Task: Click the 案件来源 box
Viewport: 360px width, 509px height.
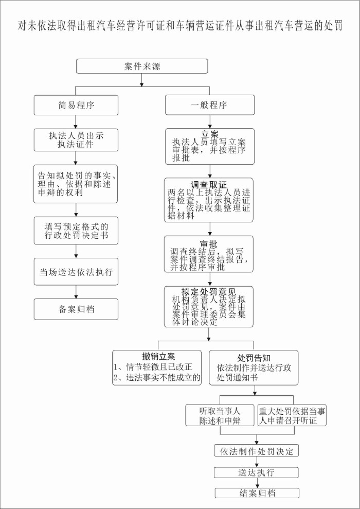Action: [x=142, y=66]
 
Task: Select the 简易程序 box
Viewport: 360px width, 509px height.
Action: [x=76, y=106]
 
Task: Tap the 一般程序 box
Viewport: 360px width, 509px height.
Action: [x=209, y=106]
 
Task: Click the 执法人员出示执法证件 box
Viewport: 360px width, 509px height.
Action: [x=76, y=140]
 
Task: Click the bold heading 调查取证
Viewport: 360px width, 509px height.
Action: [x=209, y=185]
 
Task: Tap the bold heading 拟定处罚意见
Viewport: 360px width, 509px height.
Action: [x=209, y=292]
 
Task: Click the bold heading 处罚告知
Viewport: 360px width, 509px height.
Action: [x=254, y=357]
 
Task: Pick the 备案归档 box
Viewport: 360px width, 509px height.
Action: [x=76, y=309]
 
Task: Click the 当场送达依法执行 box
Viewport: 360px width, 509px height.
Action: [x=76, y=271]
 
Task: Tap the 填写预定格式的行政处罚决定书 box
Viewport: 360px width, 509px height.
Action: [x=76, y=231]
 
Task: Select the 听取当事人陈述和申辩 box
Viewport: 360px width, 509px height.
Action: [x=220, y=416]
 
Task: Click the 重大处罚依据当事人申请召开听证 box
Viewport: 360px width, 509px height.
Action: [x=292, y=416]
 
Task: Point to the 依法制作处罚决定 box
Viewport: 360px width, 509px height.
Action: [x=256, y=451]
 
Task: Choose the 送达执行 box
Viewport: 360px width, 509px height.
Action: [x=256, y=472]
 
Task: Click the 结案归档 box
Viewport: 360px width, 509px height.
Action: [x=256, y=493]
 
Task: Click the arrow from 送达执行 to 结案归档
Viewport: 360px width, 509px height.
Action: [x=256, y=483]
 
